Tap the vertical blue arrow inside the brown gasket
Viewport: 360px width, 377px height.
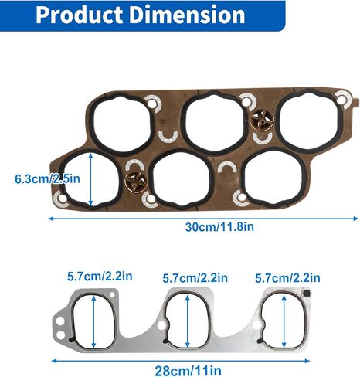pyautogui.click(x=92, y=178)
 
